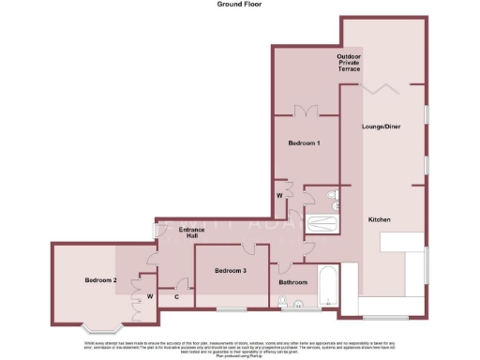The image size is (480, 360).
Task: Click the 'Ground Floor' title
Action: (239, 5)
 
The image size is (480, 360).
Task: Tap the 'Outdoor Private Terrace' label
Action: (349, 64)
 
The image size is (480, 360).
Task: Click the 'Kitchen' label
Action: (379, 219)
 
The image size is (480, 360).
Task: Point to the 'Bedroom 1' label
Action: (304, 142)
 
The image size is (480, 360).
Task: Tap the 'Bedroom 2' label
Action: (100, 280)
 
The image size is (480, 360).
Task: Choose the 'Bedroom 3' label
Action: (231, 271)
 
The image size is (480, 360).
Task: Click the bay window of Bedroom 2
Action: (101, 327)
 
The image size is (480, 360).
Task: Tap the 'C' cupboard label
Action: (177, 297)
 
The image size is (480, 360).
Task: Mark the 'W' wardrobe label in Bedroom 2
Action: (149, 297)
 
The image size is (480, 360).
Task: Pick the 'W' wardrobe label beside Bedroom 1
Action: (279, 195)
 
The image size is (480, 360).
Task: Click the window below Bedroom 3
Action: (231, 308)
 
